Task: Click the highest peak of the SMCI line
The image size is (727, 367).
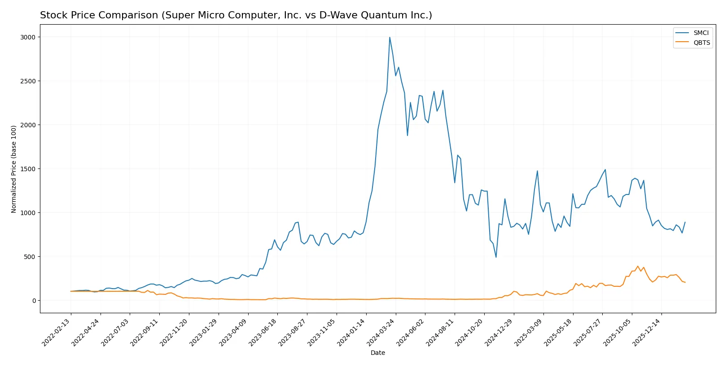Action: (390, 38)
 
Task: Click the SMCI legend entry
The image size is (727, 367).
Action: (701, 33)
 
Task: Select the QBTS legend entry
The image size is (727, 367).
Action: (701, 43)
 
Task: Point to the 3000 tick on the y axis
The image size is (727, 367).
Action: (28, 37)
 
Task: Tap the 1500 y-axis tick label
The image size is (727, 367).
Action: (28, 169)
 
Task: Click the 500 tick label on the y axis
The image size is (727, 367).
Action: (30, 257)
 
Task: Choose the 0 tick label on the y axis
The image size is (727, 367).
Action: (34, 301)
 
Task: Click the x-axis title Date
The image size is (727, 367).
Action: (377, 353)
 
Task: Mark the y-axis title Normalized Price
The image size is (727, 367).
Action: (13, 169)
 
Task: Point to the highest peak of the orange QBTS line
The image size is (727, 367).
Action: (638, 266)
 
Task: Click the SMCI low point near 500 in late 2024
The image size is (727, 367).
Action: (496, 257)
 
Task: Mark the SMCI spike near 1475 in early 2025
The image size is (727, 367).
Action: (537, 171)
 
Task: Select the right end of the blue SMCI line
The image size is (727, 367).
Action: (685, 222)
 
